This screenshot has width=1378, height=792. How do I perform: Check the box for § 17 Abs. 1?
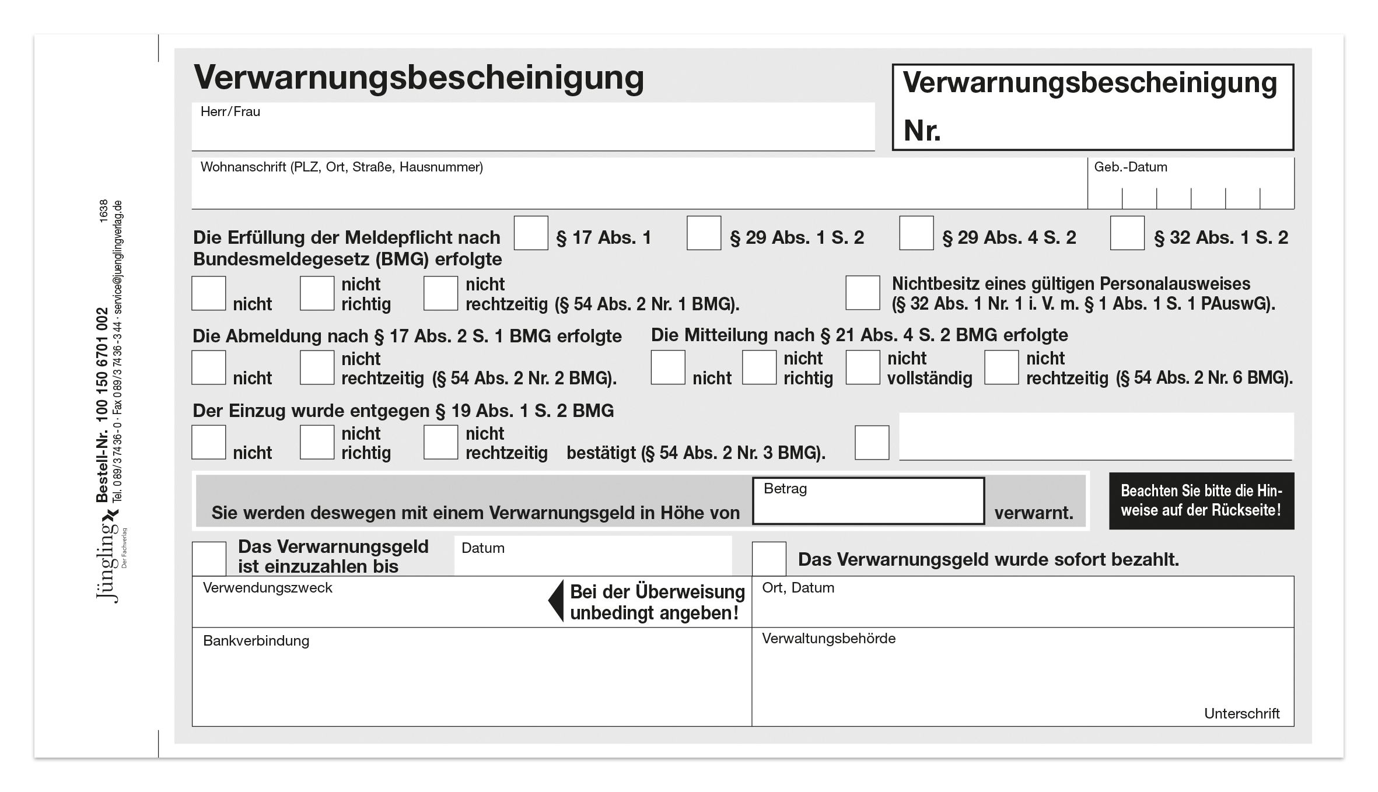pyautogui.click(x=530, y=233)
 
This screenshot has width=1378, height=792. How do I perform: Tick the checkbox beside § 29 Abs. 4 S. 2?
pyautogui.click(x=916, y=233)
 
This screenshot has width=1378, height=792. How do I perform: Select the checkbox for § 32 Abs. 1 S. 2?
pyautogui.click(x=1127, y=233)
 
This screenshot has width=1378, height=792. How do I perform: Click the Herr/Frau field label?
pyautogui.click(x=230, y=111)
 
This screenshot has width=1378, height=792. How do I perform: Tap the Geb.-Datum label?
pyautogui.click(x=1130, y=167)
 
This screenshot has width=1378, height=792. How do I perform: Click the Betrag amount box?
pyautogui.click(x=868, y=502)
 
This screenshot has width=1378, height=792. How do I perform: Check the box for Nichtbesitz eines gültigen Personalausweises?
pyautogui.click(x=862, y=293)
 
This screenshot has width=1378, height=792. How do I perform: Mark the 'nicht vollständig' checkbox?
pyautogui.click(x=862, y=367)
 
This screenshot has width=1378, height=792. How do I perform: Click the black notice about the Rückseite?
pyautogui.click(x=1201, y=501)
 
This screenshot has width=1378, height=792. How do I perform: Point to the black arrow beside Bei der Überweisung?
pyautogui.click(x=557, y=601)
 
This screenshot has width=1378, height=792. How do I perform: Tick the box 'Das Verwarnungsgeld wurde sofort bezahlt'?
pyautogui.click(x=768, y=559)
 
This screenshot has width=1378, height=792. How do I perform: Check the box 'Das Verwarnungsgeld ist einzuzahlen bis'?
pyautogui.click(x=209, y=559)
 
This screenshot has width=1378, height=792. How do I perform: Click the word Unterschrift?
pyautogui.click(x=1241, y=713)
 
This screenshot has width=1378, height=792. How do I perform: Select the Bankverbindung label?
pyautogui.click(x=256, y=641)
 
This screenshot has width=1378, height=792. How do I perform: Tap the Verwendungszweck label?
pyautogui.click(x=267, y=588)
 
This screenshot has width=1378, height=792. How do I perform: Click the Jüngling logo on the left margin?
pyautogui.click(x=108, y=560)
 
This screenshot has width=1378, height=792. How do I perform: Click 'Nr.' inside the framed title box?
pyautogui.click(x=922, y=130)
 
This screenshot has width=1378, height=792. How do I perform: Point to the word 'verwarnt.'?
pyautogui.click(x=1034, y=513)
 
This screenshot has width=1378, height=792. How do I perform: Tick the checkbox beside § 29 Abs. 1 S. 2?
pyautogui.click(x=704, y=233)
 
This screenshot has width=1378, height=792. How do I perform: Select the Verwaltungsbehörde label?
pyautogui.click(x=828, y=639)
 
